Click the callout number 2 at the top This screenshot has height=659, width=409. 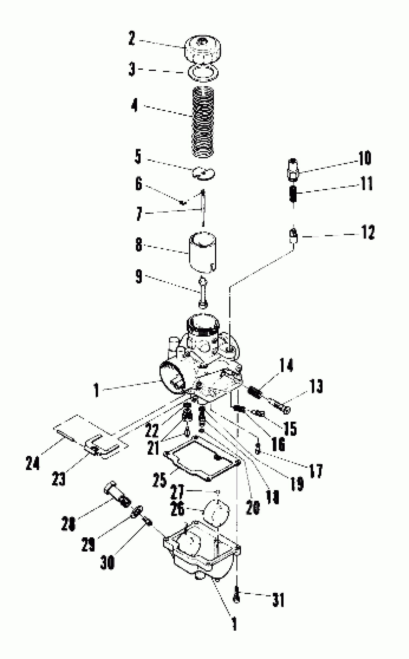pos(132,38)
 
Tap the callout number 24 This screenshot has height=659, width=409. pos(33,463)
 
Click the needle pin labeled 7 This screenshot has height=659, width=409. pos(203,208)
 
